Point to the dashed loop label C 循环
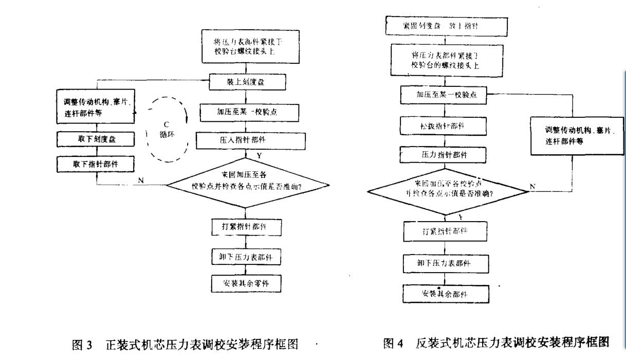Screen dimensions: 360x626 [x=166, y=129]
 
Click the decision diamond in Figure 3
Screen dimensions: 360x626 [x=246, y=183]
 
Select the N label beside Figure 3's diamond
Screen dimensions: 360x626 [x=140, y=180]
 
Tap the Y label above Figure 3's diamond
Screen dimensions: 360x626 [x=259, y=155]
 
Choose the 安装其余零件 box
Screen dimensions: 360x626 [x=246, y=283]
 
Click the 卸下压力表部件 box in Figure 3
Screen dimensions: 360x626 [x=246, y=257]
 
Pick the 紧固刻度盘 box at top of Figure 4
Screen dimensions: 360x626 [x=446, y=26]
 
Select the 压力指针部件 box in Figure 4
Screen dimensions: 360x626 [x=443, y=154]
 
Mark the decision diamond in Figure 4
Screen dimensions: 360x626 [x=448, y=191]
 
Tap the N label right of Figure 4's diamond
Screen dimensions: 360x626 [x=532, y=186]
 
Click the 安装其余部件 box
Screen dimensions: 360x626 [x=445, y=294]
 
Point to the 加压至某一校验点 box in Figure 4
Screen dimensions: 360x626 [x=443, y=96]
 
